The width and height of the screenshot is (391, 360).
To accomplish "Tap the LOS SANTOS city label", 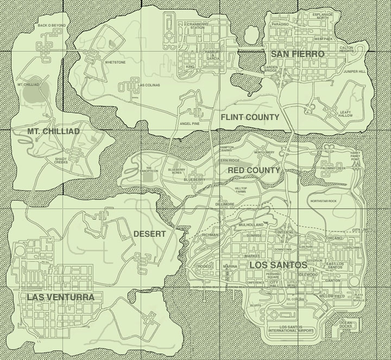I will (x=278, y=266).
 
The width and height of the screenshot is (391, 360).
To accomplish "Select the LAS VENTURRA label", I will (x=60, y=297).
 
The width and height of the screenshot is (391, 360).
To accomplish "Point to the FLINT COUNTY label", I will (x=250, y=117).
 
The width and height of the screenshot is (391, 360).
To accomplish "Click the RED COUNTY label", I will (x=254, y=170).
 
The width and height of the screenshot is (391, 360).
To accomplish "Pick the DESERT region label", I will (x=149, y=234).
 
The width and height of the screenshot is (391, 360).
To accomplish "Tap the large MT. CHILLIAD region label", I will (x=53, y=131).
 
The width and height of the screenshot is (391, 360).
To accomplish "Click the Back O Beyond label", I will (x=52, y=26).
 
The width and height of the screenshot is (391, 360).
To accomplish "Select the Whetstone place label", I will (x=115, y=62).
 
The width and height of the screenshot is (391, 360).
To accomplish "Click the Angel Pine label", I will (x=190, y=124).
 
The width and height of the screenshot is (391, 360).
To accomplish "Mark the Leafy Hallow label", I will (x=345, y=114).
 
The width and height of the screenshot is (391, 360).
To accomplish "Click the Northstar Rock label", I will (x=324, y=201).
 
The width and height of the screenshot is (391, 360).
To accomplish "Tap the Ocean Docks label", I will (x=346, y=324).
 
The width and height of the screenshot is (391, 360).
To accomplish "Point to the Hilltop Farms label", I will (x=241, y=189).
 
